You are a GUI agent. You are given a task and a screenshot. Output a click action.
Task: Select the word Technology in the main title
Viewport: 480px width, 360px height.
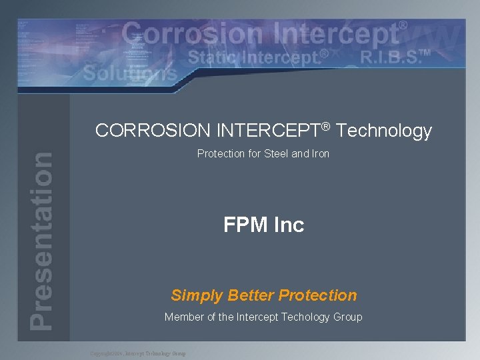coord(385,131)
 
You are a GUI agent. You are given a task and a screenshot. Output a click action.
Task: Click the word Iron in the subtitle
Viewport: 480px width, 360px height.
coord(320,154)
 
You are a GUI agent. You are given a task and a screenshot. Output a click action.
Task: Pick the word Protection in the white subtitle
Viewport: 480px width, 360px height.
coord(221,154)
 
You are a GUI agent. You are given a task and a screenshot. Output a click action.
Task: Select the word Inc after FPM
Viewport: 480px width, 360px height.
coord(289,225)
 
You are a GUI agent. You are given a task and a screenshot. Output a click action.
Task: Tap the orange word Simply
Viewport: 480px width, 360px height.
coord(197,295)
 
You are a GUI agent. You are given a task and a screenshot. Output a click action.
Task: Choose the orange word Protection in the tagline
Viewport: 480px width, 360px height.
coord(318,295)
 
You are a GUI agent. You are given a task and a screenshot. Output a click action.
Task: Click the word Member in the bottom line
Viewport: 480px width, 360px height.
coord(184,317)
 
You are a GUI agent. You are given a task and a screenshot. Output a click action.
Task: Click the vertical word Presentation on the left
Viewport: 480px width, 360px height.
coord(41,240)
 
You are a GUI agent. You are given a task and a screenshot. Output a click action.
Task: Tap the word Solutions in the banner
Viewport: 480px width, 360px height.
coord(131,72)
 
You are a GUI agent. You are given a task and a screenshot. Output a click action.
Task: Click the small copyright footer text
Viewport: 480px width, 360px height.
coord(138,353)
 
